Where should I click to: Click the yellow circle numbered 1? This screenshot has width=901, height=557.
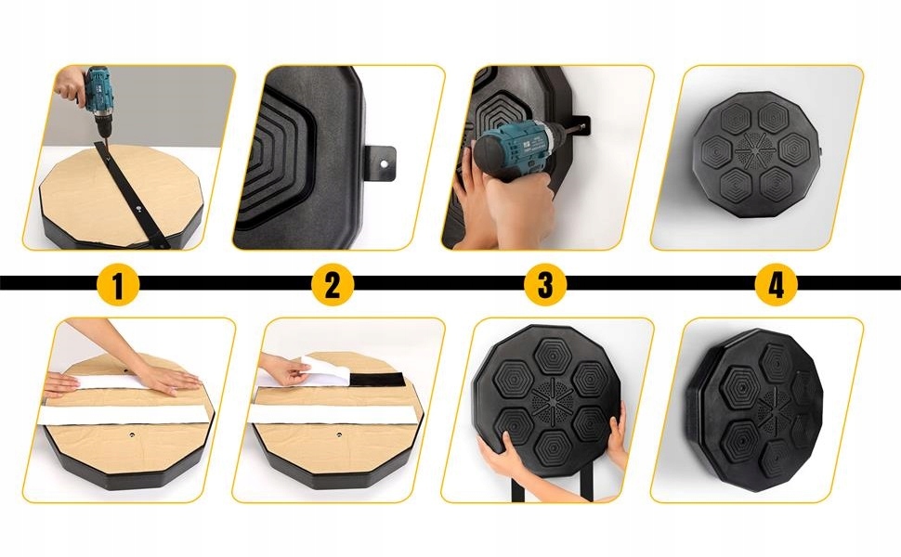point(118,284)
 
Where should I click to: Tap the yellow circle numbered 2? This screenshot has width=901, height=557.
point(333,284)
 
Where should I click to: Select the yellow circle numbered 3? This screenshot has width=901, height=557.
point(545,284)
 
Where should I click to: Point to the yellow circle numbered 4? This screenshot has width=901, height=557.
point(776,284)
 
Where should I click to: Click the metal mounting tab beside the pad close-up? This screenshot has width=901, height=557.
point(381,163)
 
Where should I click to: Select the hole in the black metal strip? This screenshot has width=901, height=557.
point(139,209)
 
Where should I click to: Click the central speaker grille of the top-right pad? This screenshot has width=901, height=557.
point(755,151)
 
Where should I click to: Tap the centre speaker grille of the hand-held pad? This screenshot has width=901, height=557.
point(552,397)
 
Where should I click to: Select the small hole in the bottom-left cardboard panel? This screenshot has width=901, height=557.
point(132,434)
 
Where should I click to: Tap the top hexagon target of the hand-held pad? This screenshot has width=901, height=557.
point(553,356)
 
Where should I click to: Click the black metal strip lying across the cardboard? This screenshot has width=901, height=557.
point(132,195)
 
